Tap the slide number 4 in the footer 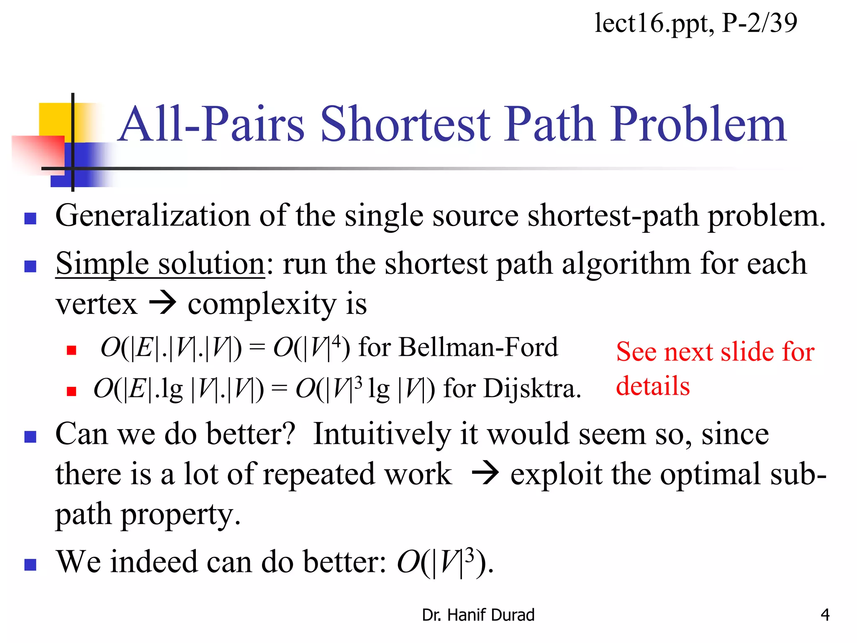point(825,615)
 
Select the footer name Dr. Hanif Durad point(478,615)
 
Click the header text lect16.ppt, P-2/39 point(695,23)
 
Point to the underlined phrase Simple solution point(160,264)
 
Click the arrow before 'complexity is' point(163,303)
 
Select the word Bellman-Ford point(478,347)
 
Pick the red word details point(652,386)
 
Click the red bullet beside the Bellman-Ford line point(72,350)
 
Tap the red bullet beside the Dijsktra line point(72,391)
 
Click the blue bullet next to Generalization point(31,218)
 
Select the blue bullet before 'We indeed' point(31,565)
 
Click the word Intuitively point(382,434)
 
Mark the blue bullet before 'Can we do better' point(31,437)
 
